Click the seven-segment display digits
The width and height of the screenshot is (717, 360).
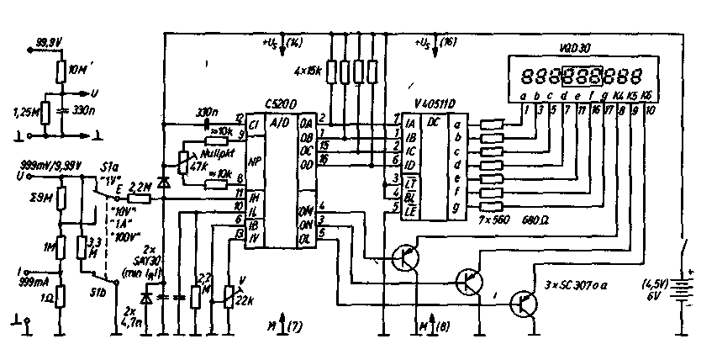click(584, 75)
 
